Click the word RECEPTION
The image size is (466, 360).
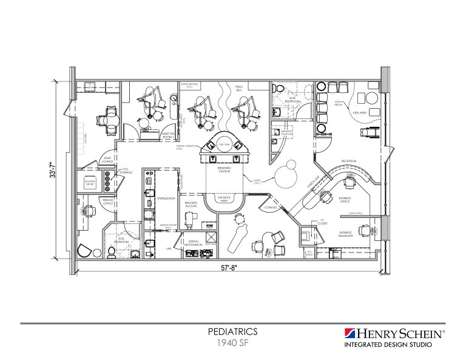(x=348, y=161)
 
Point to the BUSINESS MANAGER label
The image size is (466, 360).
(x=346, y=234)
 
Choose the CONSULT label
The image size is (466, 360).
(x=271, y=207)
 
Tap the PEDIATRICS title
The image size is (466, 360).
(x=233, y=331)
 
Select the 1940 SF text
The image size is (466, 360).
(x=233, y=342)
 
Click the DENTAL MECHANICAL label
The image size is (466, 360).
(x=194, y=243)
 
